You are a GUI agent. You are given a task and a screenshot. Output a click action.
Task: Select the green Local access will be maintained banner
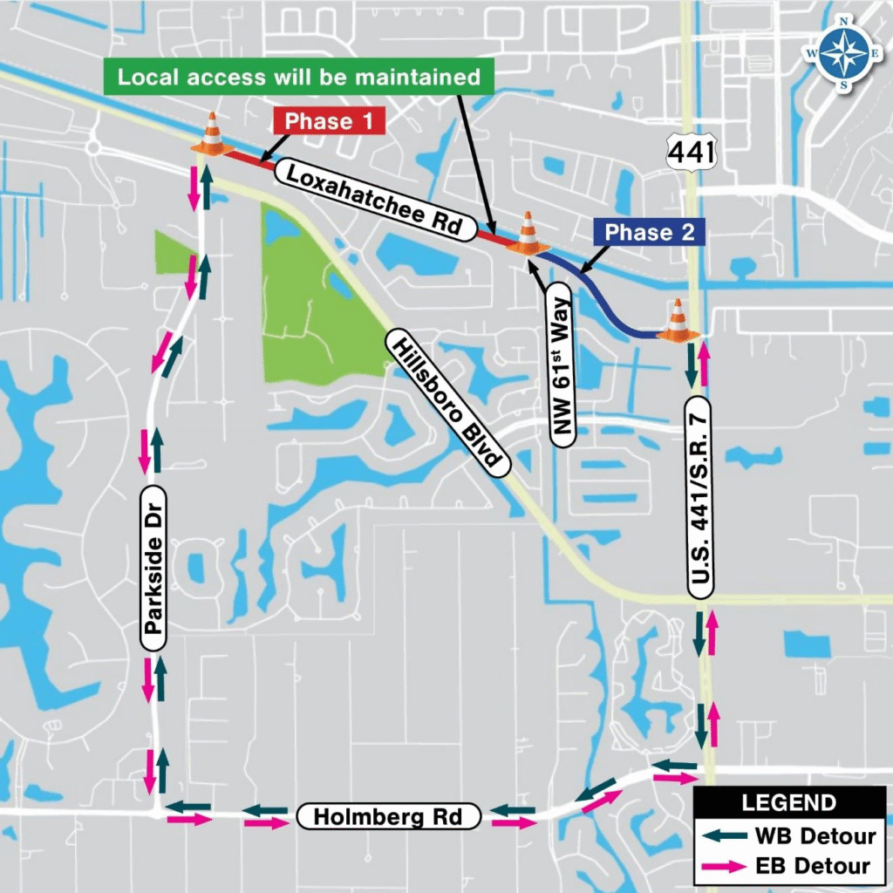pyautogui.click(x=299, y=77)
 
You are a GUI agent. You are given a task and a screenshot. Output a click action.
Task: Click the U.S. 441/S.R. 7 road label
pyautogui.click(x=701, y=496)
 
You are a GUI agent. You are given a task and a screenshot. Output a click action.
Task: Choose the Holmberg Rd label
pyautogui.click(x=388, y=817)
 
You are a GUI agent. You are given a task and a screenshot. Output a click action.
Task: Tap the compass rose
pyautogui.click(x=844, y=52)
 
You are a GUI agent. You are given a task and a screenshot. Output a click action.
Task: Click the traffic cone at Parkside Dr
pyautogui.click(x=213, y=135)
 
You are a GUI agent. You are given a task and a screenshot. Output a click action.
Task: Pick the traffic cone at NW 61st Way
pyautogui.click(x=528, y=233)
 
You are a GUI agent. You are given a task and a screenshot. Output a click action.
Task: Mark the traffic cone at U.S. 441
pyautogui.click(x=678, y=321)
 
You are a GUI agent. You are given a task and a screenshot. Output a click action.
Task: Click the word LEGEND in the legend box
pyautogui.click(x=788, y=803)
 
